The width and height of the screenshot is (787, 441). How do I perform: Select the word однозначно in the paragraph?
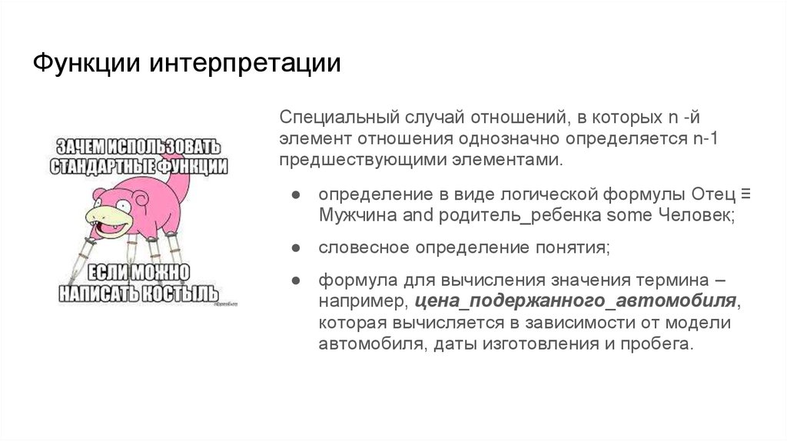tap(512, 140)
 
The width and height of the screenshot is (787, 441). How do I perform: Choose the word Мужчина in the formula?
tap(359, 215)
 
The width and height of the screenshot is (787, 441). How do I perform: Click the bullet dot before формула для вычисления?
tap(295, 280)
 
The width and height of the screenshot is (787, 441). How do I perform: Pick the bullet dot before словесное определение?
tap(295, 247)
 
